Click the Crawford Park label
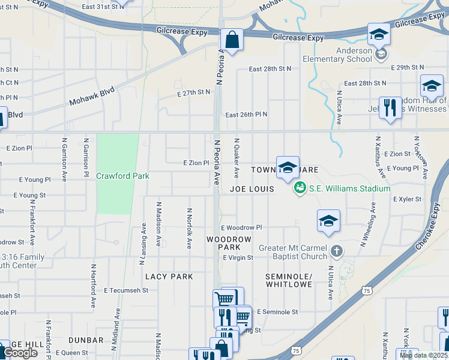[x=122, y=176]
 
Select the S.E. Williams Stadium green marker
[x=299, y=188]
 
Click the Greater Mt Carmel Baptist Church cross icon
[x=337, y=249]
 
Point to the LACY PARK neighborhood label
[x=169, y=277]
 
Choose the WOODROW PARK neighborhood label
[x=228, y=243]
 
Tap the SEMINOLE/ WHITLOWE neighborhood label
[x=289, y=280]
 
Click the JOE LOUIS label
[x=252, y=189]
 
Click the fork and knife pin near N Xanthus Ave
[x=390, y=108]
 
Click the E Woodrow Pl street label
[x=241, y=228]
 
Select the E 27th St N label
[x=194, y=92]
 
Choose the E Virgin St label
[x=238, y=257]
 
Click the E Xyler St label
[x=408, y=199]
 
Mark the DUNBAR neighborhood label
[x=86, y=340]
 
